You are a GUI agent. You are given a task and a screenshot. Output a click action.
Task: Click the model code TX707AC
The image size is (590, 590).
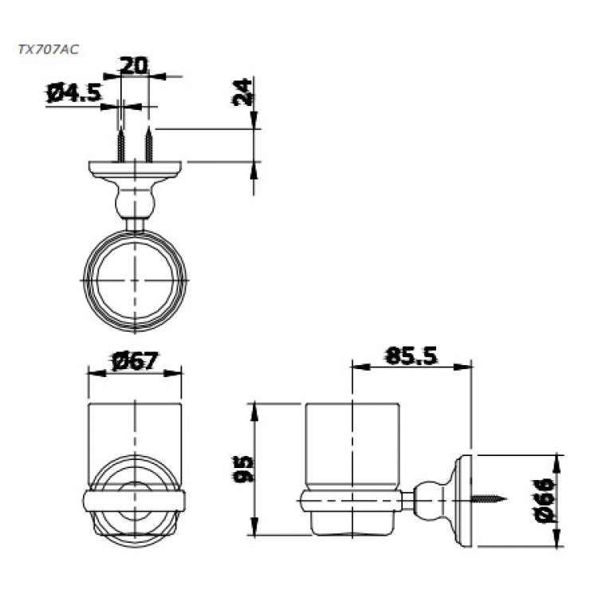click(x=48, y=49)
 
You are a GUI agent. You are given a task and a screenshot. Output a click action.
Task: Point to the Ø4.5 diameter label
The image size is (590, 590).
click(x=74, y=94)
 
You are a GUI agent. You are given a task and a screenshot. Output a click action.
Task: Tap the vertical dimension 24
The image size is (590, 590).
click(x=244, y=92)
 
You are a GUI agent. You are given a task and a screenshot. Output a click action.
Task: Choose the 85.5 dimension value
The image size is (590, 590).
click(x=411, y=356)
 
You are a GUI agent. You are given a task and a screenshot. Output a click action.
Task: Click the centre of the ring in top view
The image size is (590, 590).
click(x=136, y=281)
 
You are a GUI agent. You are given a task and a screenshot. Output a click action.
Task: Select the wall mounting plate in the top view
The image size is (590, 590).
click(x=135, y=168)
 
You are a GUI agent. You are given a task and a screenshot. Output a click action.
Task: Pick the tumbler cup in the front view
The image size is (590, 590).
click(x=134, y=435)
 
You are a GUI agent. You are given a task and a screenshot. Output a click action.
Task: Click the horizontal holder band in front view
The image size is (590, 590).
click(x=134, y=501)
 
